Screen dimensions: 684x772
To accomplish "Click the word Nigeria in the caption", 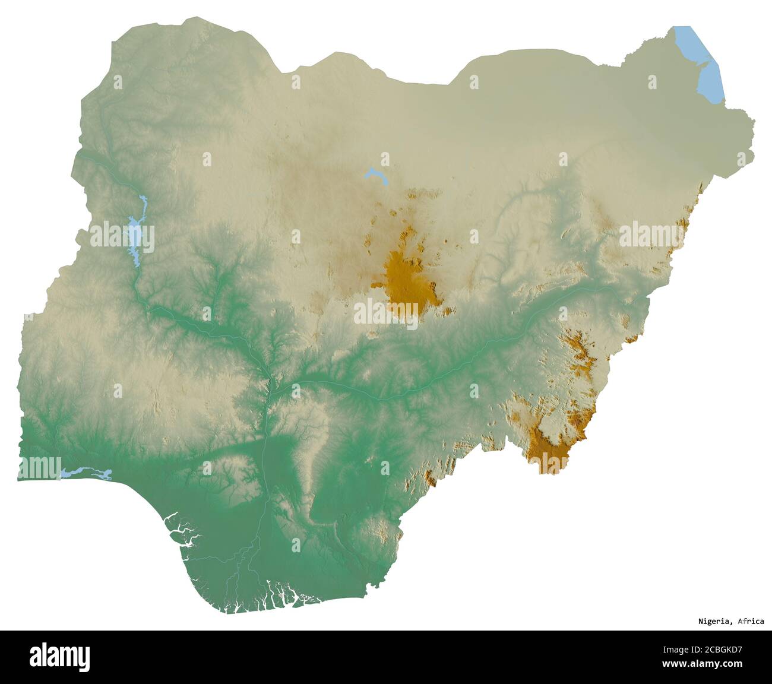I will (714, 622).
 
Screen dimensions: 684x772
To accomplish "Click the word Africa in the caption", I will (751, 622).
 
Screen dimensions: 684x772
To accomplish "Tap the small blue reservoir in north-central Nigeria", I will (374, 175).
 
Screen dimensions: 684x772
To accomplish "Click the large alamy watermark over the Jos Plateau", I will (387, 311).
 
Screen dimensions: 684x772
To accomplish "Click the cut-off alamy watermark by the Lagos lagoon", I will (39, 467).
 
